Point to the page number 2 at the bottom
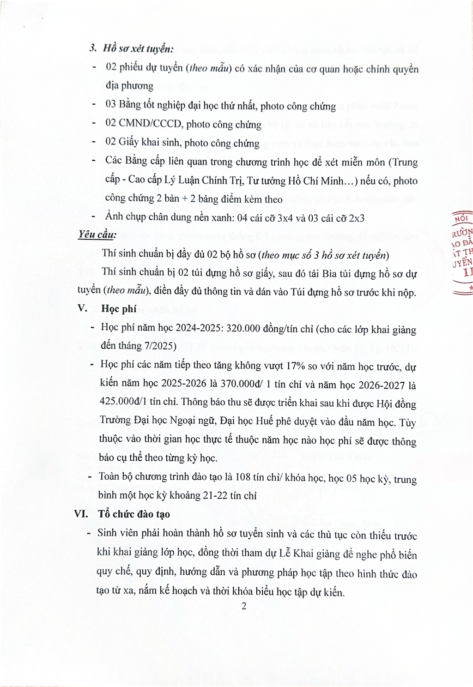coord(244,606)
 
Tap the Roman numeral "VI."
coord(83,513)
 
